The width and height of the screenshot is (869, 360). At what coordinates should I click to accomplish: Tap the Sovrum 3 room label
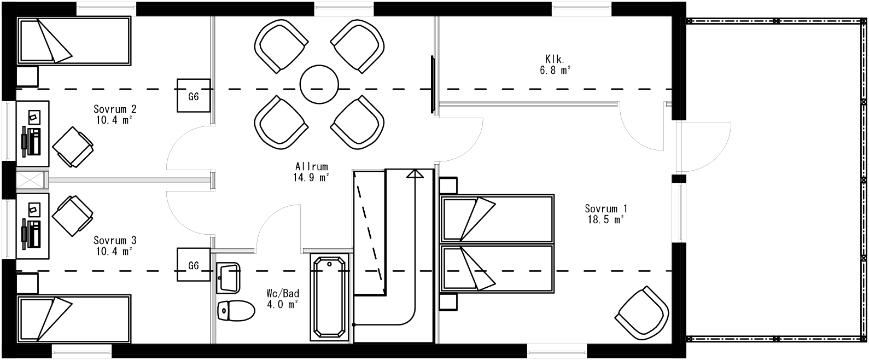pyautogui.click(x=114, y=246)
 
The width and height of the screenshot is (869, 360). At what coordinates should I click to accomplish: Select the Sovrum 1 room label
pyautogui.click(x=605, y=213)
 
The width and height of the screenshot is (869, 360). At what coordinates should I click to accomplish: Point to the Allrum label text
pyautogui.click(x=312, y=171)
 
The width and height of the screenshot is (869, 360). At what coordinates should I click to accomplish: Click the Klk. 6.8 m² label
pyautogui.click(x=558, y=64)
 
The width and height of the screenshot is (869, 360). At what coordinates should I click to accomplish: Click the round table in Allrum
pyautogui.click(x=319, y=84)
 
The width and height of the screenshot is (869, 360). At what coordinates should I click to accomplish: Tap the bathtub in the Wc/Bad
pyautogui.click(x=329, y=297)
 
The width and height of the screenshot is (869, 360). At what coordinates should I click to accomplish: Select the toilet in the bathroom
pyautogui.click(x=236, y=311)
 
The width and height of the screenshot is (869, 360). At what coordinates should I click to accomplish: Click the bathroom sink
pyautogui.click(x=228, y=277)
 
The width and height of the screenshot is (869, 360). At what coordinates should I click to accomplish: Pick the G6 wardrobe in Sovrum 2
pyautogui.click(x=193, y=96)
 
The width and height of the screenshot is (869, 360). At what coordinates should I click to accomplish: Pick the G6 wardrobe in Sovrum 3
pyautogui.click(x=193, y=265)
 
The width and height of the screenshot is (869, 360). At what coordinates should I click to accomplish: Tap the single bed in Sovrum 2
pyautogui.click(x=74, y=41)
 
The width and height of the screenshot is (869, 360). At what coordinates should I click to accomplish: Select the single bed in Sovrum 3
pyautogui.click(x=74, y=318)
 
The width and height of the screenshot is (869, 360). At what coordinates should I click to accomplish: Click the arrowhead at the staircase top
pyautogui.click(x=415, y=173)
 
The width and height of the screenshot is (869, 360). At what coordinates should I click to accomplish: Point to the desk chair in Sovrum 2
pyautogui.click(x=73, y=147)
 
